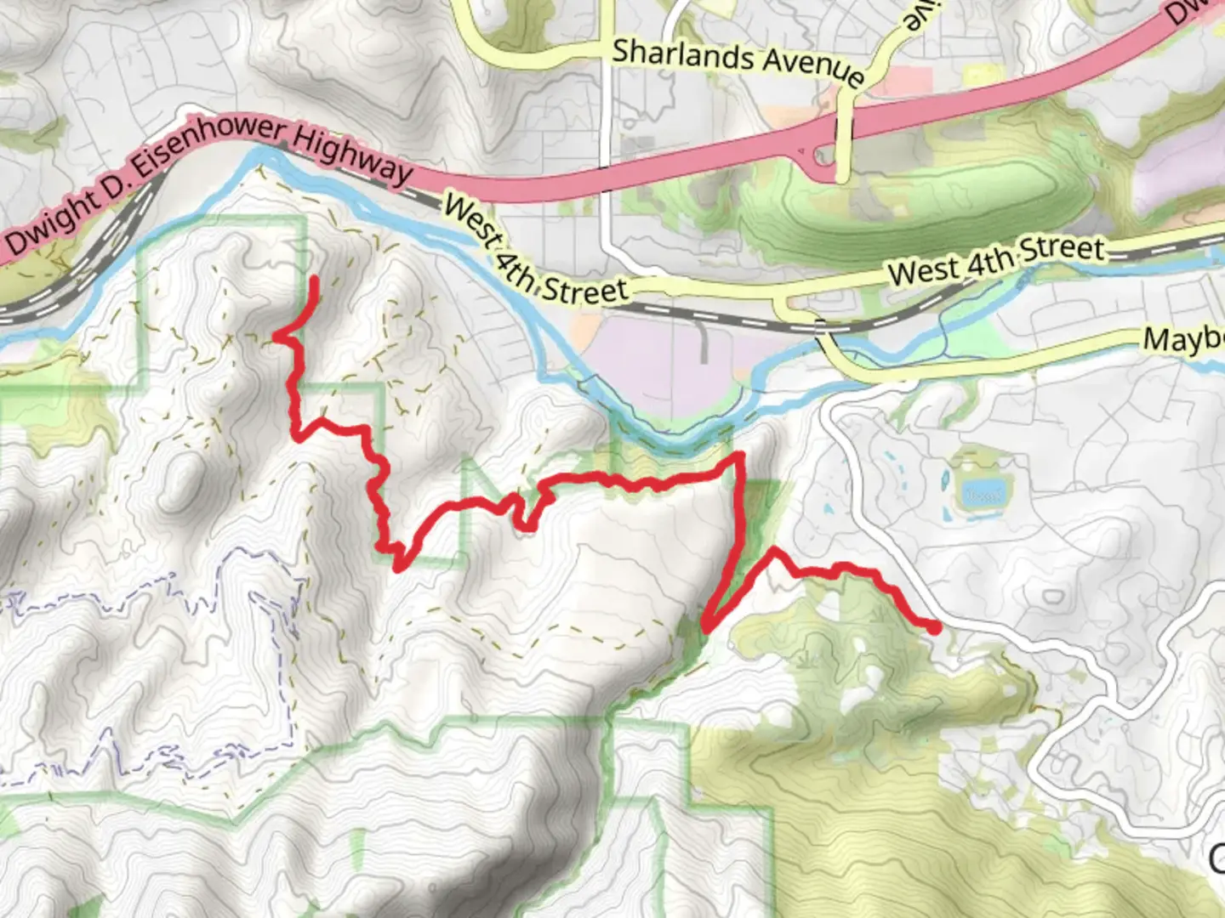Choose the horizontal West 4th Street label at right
995,260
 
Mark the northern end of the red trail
315,279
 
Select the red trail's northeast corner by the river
740,457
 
